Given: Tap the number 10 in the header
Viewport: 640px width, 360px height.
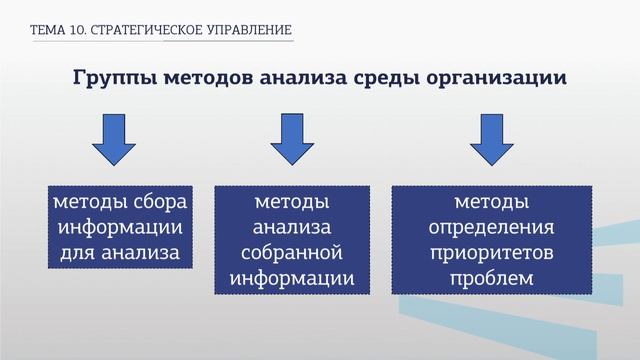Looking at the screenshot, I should (79, 31).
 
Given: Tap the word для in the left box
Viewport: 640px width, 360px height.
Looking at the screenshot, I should (79, 252).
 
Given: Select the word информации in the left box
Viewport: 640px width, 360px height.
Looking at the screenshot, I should (119, 228).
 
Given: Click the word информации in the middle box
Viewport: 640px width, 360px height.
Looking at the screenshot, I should (291, 276).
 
